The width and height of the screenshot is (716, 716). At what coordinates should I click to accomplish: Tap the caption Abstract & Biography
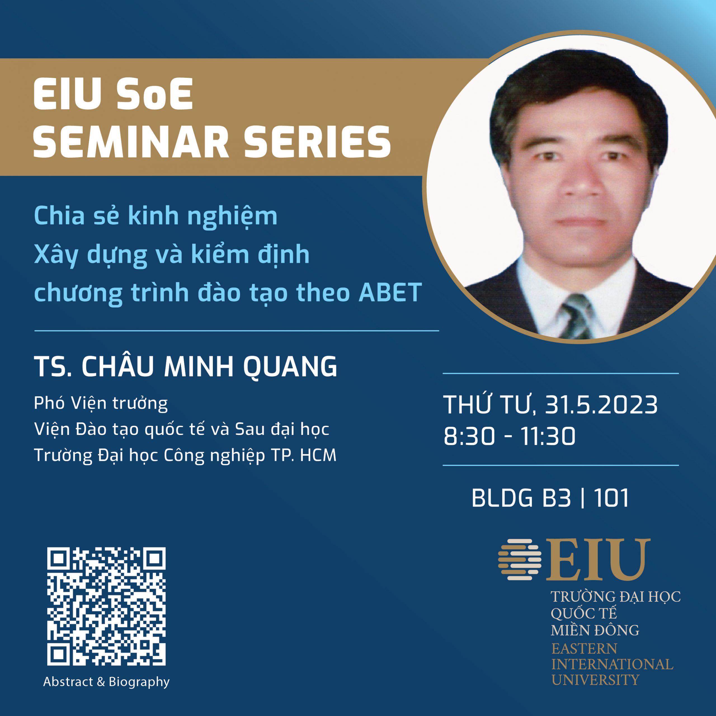pyautogui.click(x=106, y=692)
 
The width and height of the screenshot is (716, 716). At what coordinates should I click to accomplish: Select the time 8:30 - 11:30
pyautogui.click(x=510, y=436)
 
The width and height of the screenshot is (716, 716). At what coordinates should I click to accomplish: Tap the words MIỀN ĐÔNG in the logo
pyautogui.click(x=595, y=630)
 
